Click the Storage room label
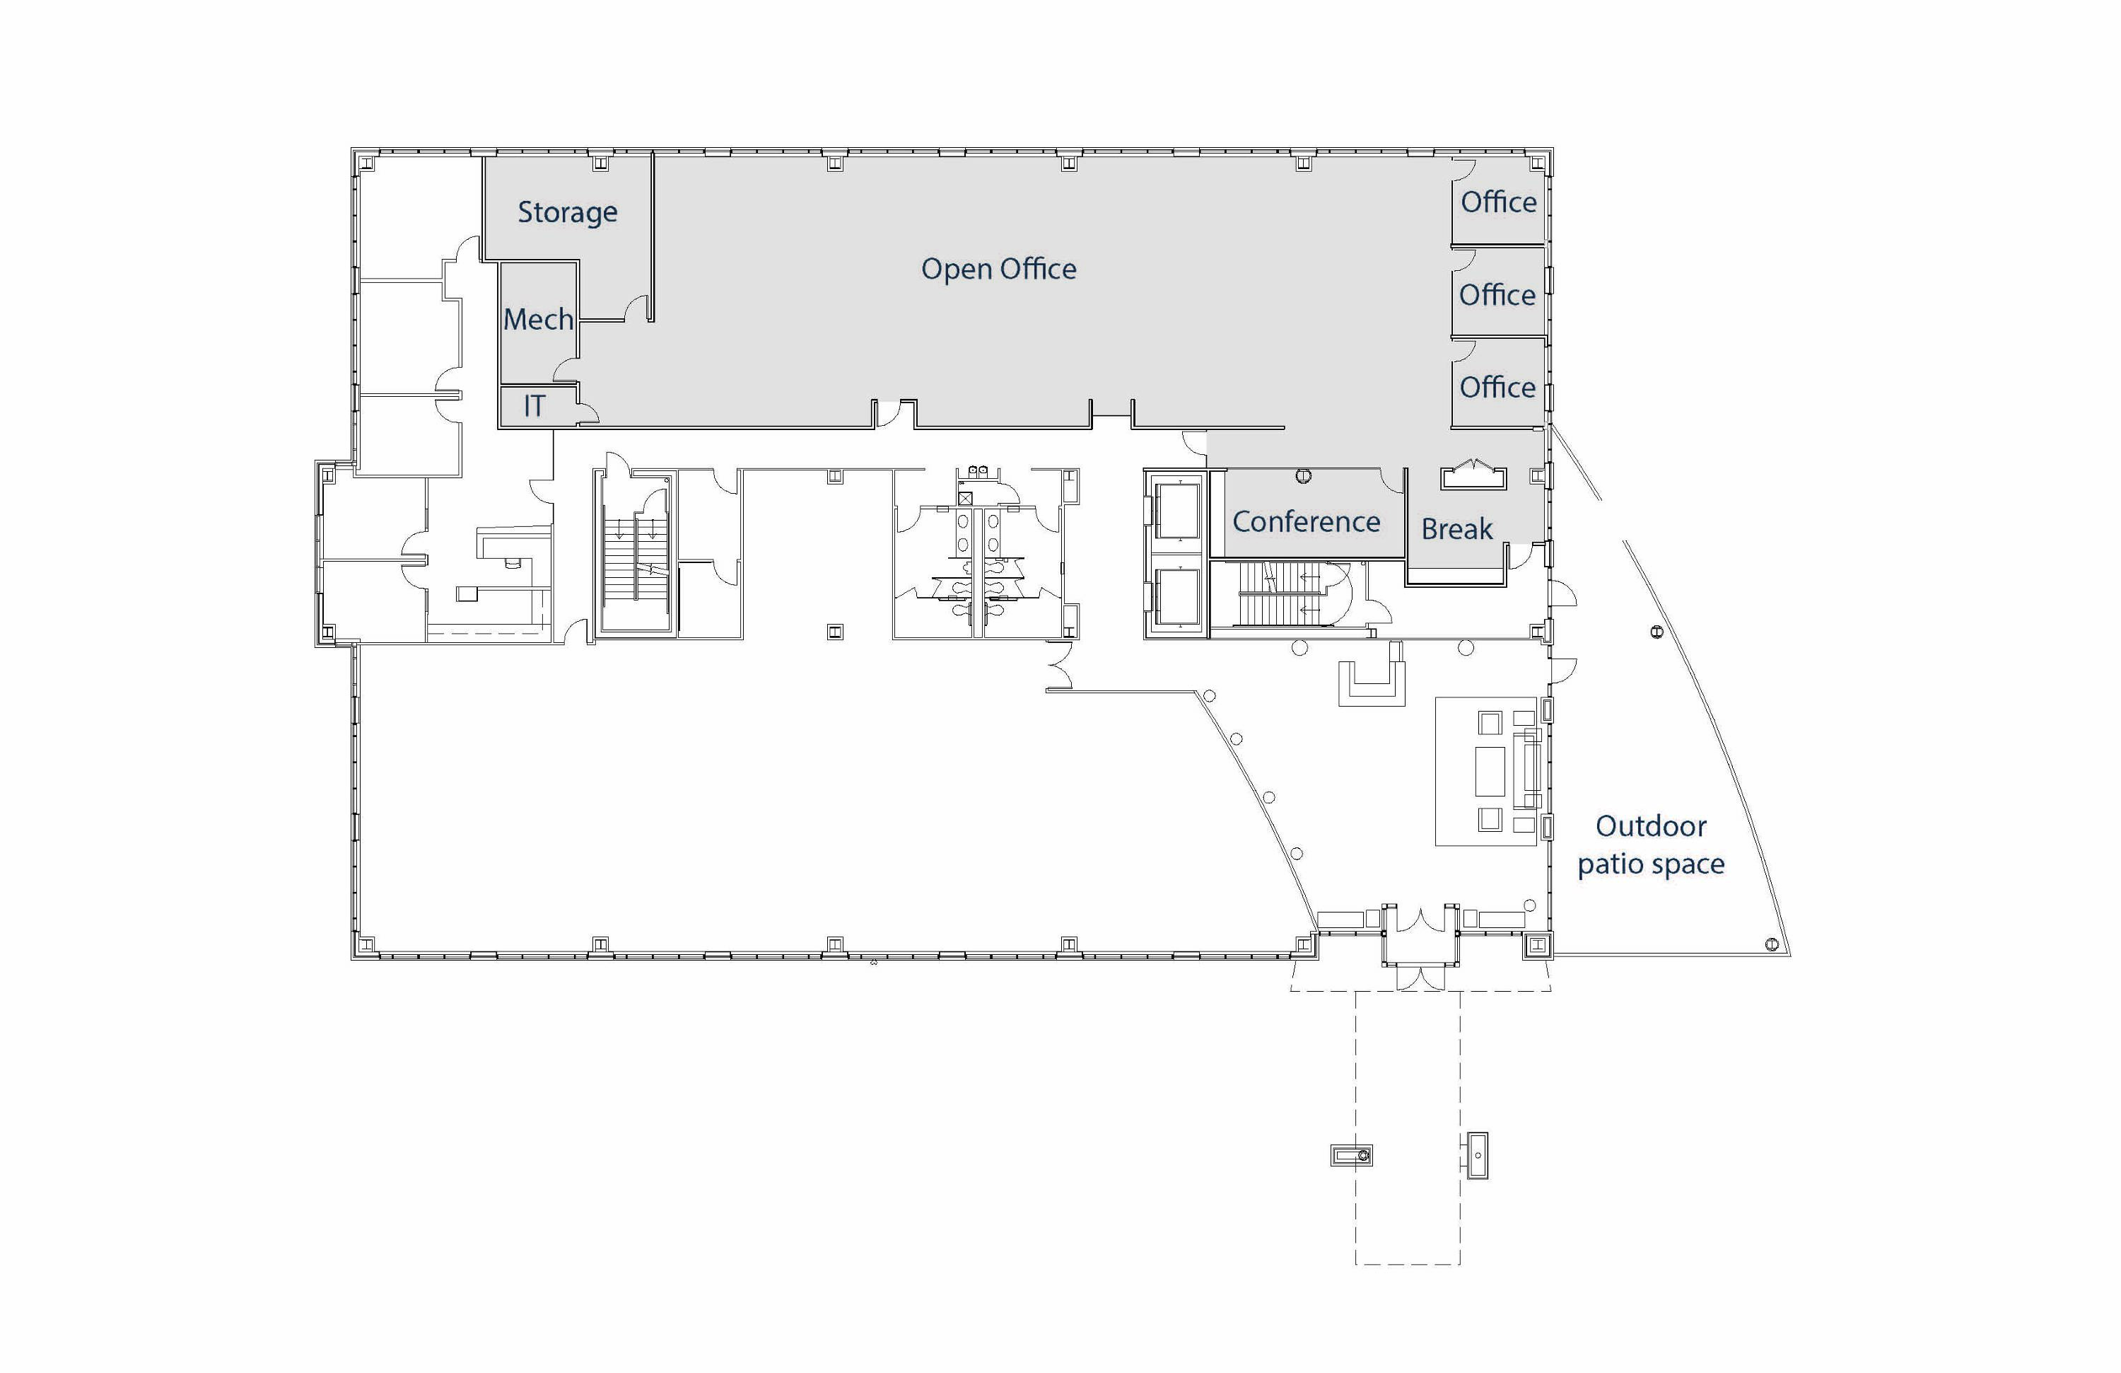point(567,213)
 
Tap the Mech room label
point(538,318)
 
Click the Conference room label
point(1306,521)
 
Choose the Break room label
point(1456,528)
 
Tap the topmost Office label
point(1498,202)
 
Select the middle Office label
point(1497,294)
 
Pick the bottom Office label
point(1497,387)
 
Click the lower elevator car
point(1177,598)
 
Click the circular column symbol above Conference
point(1303,476)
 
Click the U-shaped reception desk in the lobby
point(1372,683)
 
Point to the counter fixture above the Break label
point(1473,475)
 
